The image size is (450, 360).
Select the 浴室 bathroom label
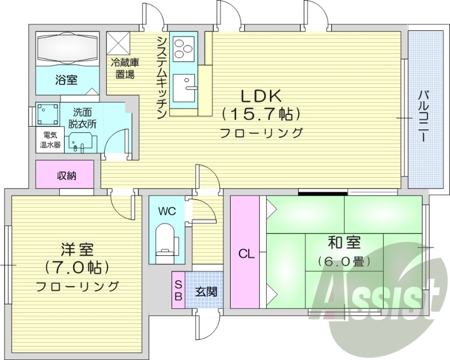point(66,80)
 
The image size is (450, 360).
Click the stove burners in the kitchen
point(183,48)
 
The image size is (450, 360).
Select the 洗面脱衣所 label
point(83,118)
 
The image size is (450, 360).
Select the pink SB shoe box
point(178,290)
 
